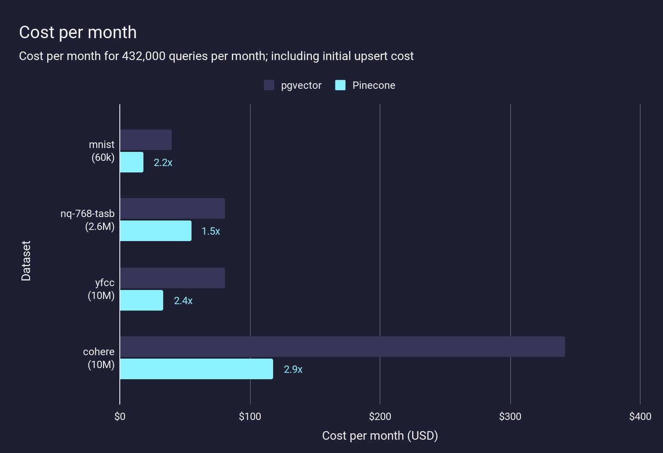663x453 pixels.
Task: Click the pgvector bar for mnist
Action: tap(146, 140)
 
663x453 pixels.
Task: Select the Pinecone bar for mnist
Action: tap(132, 162)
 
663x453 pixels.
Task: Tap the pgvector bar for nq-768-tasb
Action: tap(172, 208)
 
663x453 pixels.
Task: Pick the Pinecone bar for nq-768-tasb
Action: tap(156, 231)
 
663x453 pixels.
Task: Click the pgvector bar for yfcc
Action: tap(172, 278)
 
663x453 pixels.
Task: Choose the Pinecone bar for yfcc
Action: tap(142, 300)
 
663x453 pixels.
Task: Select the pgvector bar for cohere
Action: tap(342, 347)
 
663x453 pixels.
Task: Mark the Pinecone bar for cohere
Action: tap(196, 369)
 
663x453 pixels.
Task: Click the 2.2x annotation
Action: tap(163, 163)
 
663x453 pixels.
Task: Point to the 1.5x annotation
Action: tap(211, 231)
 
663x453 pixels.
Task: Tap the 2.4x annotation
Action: tap(183, 301)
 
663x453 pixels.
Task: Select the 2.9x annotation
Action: tap(293, 369)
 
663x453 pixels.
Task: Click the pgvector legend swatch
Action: tap(269, 85)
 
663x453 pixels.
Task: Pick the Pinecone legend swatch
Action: tap(340, 85)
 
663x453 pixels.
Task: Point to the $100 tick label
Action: tap(250, 417)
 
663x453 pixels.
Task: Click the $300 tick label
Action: tap(510, 417)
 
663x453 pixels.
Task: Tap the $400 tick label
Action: tap(640, 417)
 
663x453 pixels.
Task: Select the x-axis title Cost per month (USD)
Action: tap(380, 436)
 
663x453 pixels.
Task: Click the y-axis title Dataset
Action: tap(26, 261)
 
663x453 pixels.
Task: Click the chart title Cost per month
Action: tap(78, 33)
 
